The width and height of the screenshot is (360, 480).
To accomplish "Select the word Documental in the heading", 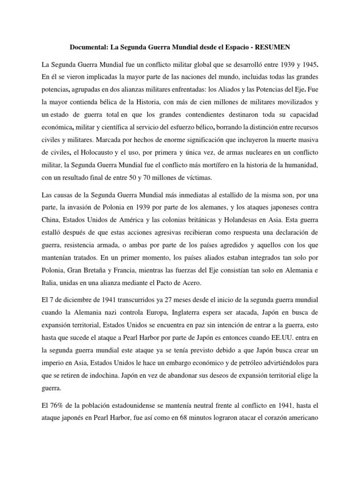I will coord(89,47).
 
